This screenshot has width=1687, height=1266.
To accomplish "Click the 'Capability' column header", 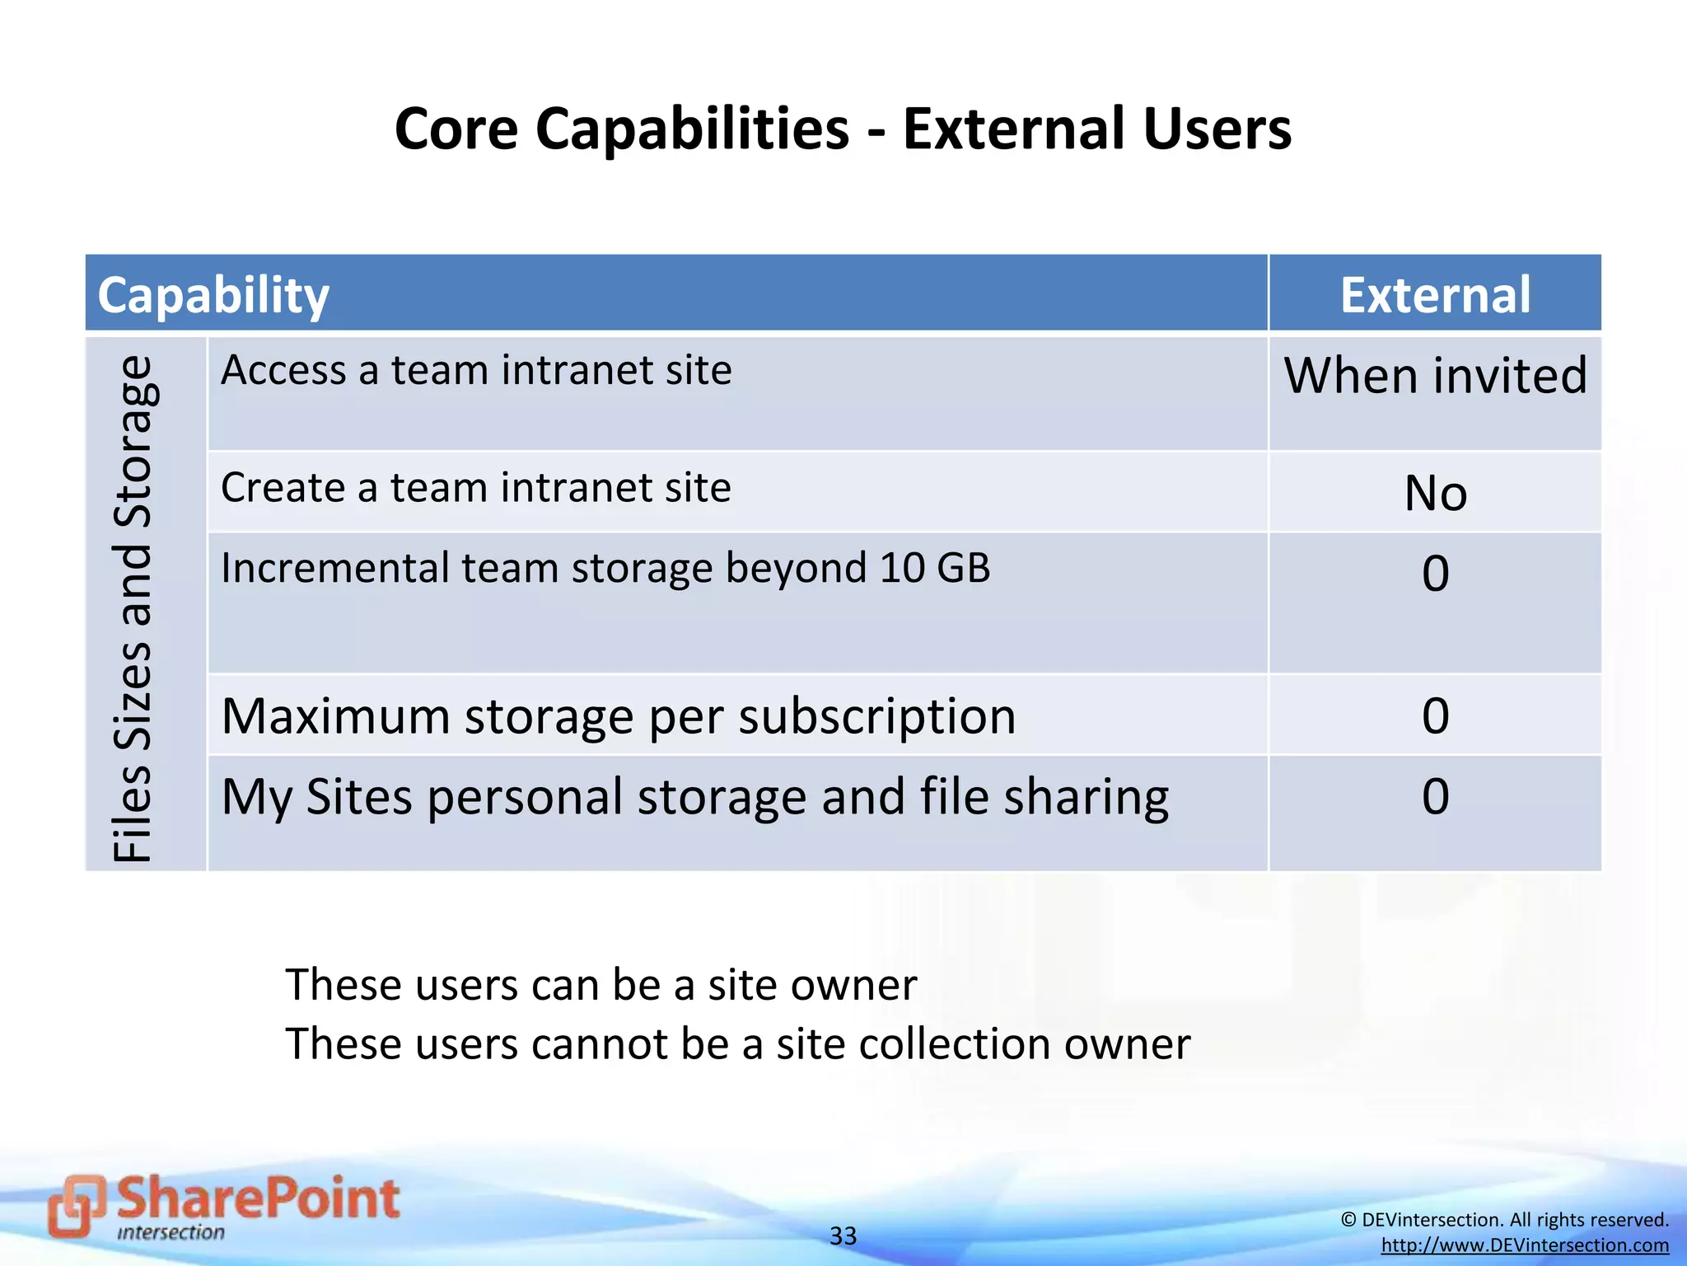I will [x=213, y=295].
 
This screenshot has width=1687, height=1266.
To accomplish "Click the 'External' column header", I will [x=1435, y=295].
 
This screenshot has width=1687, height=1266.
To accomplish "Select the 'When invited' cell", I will [x=1435, y=376].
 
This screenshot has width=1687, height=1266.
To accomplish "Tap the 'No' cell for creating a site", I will [x=1435, y=494].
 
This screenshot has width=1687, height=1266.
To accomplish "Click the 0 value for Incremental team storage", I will [x=1435, y=574].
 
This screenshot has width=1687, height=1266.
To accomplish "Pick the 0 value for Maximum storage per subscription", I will [x=1435, y=715].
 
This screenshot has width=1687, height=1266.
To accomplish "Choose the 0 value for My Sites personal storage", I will [x=1435, y=796].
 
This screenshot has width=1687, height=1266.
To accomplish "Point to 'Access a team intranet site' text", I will [x=476, y=370].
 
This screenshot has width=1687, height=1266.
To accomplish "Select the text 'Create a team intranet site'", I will [x=476, y=488].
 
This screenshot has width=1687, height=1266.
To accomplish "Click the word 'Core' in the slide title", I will [x=456, y=129].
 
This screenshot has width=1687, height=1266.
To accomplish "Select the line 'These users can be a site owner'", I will [x=600, y=985].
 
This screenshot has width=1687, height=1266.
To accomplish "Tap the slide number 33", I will [x=843, y=1236].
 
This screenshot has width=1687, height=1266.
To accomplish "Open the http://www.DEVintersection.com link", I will [x=1525, y=1245].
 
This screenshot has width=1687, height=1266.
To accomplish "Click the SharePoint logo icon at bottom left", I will [x=77, y=1206].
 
